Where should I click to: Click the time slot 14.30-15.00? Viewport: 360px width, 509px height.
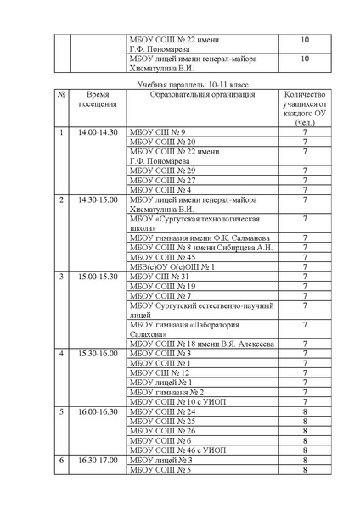click(x=98, y=199)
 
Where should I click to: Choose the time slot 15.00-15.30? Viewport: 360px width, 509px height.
click(x=98, y=277)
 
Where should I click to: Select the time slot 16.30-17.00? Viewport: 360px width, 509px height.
click(x=98, y=459)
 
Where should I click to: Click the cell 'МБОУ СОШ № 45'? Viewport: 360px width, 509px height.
click(x=162, y=257)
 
